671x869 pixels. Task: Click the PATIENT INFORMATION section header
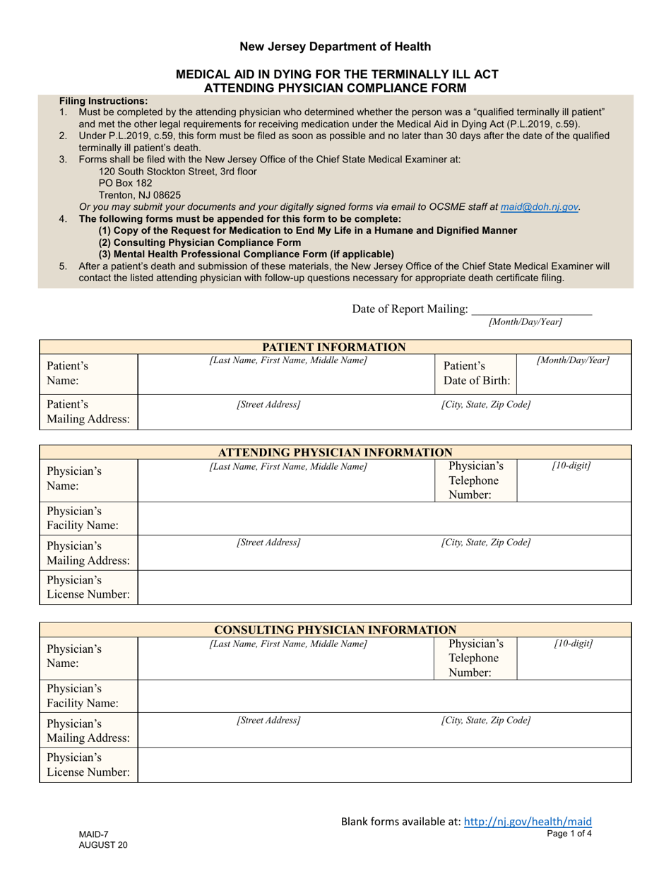[x=334, y=347]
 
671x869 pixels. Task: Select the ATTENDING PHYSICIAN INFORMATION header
[x=334, y=452]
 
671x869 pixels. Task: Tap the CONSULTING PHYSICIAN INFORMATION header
[x=334, y=629]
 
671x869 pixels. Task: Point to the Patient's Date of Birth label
[x=476, y=373]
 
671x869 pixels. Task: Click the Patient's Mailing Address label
[x=88, y=412]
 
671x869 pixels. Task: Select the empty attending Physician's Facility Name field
[x=384, y=518]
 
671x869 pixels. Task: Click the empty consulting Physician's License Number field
[x=384, y=765]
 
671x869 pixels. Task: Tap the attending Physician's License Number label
[x=88, y=587]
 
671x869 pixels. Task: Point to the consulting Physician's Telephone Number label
[x=476, y=658]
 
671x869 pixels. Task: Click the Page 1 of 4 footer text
[x=569, y=834]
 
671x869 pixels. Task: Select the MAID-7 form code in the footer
[x=94, y=834]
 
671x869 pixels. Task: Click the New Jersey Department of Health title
[x=335, y=47]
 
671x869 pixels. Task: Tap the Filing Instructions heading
[x=104, y=101]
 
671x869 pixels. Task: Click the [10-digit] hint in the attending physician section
[x=571, y=466]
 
